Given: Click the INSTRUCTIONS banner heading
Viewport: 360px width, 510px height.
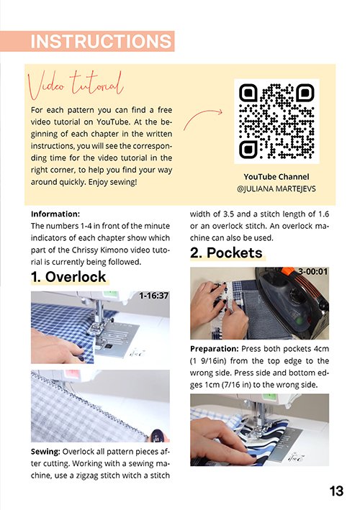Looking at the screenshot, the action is coord(101,41).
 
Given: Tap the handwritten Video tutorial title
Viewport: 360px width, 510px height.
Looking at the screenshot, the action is coord(76,85).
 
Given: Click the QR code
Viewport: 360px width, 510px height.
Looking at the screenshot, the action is coord(276,122).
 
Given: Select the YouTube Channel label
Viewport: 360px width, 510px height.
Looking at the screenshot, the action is coord(276,177).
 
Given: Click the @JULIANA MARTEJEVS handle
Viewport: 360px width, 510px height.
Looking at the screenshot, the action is coord(276,188).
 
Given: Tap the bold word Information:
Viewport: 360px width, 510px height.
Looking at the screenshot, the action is coord(55,214).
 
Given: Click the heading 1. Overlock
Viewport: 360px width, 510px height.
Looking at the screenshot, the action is coord(68,277).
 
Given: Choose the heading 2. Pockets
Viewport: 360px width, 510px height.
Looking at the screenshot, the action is coord(226,252).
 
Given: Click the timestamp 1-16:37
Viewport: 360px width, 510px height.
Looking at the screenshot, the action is coord(153,296).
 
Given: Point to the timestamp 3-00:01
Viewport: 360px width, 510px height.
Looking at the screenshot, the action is coord(312,271).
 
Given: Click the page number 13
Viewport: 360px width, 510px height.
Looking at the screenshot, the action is coord(336,491).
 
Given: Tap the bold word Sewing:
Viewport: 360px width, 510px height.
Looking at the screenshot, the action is coord(45,452).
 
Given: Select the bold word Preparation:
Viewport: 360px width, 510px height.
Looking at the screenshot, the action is coord(215,349).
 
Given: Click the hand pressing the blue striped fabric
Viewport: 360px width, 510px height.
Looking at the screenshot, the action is coord(221,441).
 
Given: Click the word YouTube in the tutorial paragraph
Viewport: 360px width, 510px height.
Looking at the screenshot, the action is coord(112,122).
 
